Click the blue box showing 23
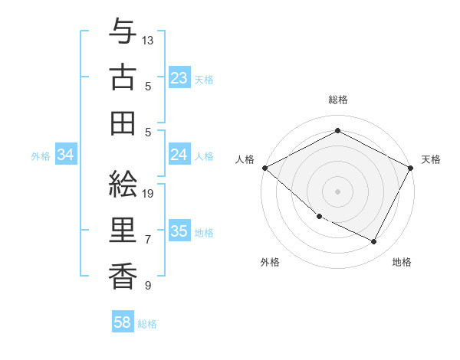click(x=179, y=78)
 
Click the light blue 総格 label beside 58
click(x=147, y=324)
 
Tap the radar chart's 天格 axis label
click(x=431, y=159)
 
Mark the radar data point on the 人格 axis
click(x=264, y=168)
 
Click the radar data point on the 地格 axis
click(x=374, y=242)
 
